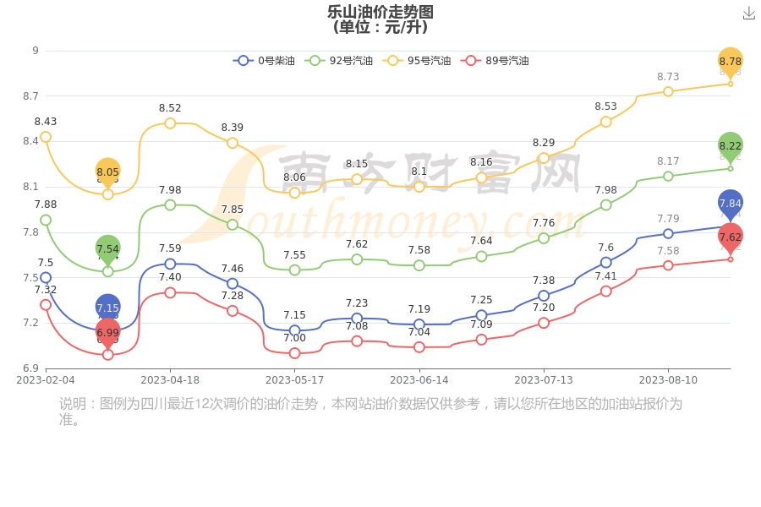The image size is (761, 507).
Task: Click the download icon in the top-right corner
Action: tap(748, 14)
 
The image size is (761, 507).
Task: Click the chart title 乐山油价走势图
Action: tap(380, 12)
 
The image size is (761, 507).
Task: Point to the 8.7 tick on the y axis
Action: tap(30, 96)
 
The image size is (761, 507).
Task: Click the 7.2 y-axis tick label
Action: tap(30, 323)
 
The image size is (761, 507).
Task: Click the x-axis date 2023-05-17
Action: tap(294, 380)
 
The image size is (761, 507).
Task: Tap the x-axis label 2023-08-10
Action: tap(668, 380)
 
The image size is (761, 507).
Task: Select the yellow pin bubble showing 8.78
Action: tap(731, 61)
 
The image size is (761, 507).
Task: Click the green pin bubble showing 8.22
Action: tap(731, 145)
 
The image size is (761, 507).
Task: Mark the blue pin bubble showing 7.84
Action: tap(731, 203)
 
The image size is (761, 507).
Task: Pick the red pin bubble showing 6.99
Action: tap(107, 332)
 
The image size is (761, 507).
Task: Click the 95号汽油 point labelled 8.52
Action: tap(170, 123)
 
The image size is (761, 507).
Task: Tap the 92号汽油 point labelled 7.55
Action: tap(294, 270)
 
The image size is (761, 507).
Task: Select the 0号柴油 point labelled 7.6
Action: tap(606, 262)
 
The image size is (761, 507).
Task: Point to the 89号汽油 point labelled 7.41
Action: tap(606, 291)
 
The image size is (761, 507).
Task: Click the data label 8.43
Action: tap(46, 122)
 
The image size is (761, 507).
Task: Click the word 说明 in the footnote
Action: tap(73, 404)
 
